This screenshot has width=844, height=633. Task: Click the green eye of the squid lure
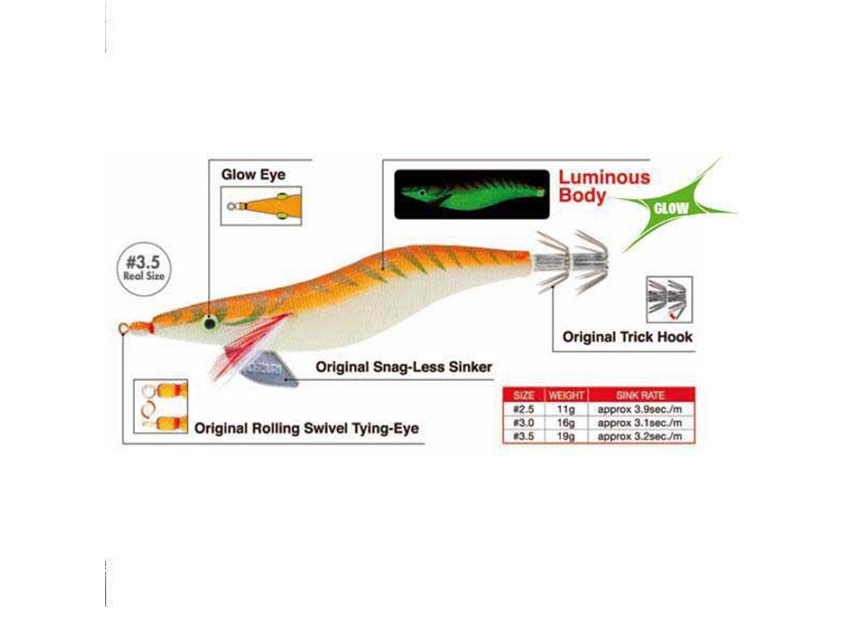pyautogui.click(x=210, y=323)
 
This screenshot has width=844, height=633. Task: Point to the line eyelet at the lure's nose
pyautogui.click(x=124, y=328)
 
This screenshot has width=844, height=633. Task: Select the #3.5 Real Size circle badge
pyautogui.click(x=144, y=268)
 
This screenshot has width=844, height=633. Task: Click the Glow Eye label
pyautogui.click(x=253, y=175)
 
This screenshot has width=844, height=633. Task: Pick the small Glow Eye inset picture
pyautogui.click(x=261, y=206)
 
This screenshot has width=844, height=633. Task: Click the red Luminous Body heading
pyautogui.click(x=604, y=186)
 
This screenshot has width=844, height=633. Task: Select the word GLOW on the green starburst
pyautogui.click(x=671, y=208)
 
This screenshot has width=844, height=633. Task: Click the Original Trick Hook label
pyautogui.click(x=627, y=337)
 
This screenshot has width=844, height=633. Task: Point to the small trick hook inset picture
pyautogui.click(x=669, y=299)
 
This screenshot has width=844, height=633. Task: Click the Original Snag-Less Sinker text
pyautogui.click(x=403, y=367)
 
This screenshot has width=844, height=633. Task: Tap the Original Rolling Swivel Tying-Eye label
pyautogui.click(x=307, y=429)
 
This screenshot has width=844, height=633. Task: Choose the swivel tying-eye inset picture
pyautogui.click(x=161, y=406)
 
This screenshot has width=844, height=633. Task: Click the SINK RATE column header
pyautogui.click(x=640, y=395)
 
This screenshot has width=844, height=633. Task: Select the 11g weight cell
pyautogui.click(x=566, y=409)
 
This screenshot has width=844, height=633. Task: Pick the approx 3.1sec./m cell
pyautogui.click(x=640, y=423)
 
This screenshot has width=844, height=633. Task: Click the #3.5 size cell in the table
pyautogui.click(x=523, y=436)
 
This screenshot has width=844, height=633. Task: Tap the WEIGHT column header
pyautogui.click(x=566, y=395)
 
